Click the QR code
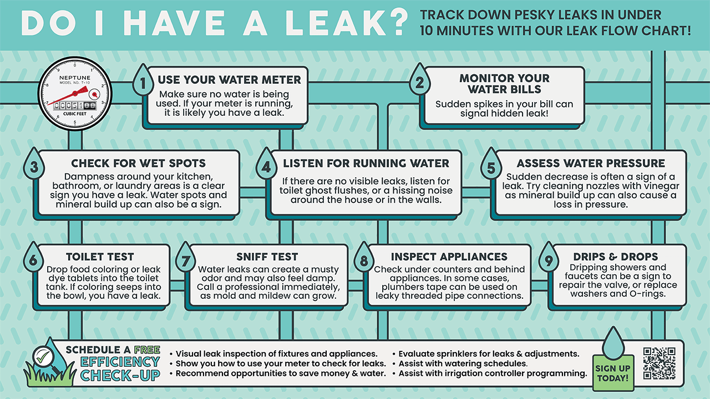tap(660, 363)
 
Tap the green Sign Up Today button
tap(613, 373)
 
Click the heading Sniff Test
tap(267, 257)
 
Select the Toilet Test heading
tap(100, 257)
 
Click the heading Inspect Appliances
tap(449, 257)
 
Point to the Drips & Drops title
tap(616, 257)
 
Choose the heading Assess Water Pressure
tap(591, 163)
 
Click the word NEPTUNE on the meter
tap(75, 78)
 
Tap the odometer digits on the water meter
tap(75, 105)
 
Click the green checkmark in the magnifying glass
tap(43, 357)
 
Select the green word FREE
tap(147, 350)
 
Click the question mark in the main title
tap(398, 22)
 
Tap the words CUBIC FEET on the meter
tap(75, 114)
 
